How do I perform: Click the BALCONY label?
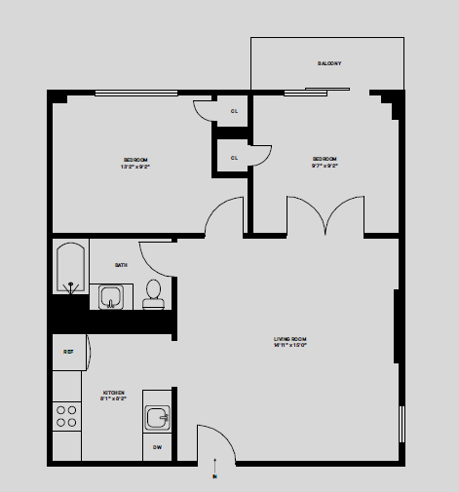pyautogui.click(x=328, y=63)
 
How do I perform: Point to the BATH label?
pyautogui.click(x=121, y=264)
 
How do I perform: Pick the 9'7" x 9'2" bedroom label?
pyautogui.click(x=325, y=162)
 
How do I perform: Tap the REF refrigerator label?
pyautogui.click(x=68, y=351)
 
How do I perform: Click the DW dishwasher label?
pyautogui.click(x=158, y=447)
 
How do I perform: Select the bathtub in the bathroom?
pyautogui.click(x=70, y=267)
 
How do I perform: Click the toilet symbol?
pyautogui.click(x=153, y=293)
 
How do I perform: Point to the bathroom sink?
pyautogui.click(x=111, y=296)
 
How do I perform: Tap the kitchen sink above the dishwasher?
pyautogui.click(x=158, y=418)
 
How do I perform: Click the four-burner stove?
pyautogui.click(x=66, y=417)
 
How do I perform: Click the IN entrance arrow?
pyautogui.click(x=214, y=473)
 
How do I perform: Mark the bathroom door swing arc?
pyautogui.click(x=156, y=257)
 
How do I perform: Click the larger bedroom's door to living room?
pyautogui.click(x=224, y=216)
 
